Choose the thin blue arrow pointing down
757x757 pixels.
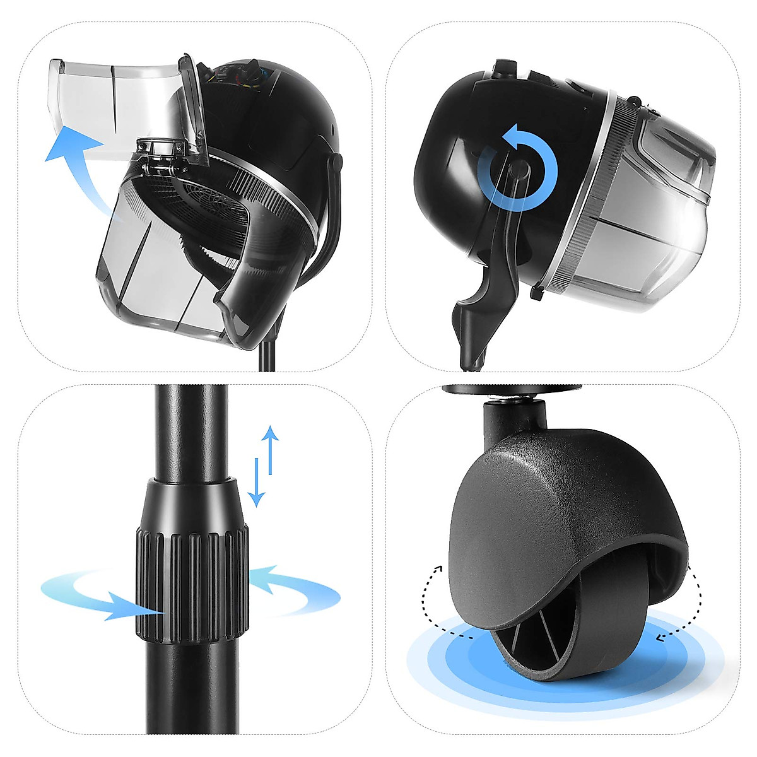click(256, 483)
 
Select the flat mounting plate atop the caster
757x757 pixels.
click(511, 390)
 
